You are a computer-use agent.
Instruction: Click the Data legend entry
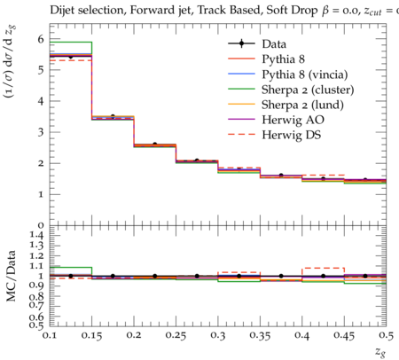[274, 44]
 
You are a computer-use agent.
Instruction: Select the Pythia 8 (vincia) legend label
[305, 74]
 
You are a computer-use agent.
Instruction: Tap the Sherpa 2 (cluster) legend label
[308, 90]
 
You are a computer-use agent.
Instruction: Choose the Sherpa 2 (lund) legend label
[302, 105]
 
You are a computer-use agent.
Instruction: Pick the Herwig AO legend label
[293, 120]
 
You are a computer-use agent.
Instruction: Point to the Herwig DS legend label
[292, 135]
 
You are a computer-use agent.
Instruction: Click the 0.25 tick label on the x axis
[176, 336]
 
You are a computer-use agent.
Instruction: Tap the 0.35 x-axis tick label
[260, 336]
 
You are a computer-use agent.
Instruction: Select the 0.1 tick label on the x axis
[50, 335]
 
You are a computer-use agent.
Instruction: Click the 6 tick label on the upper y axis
[41, 39]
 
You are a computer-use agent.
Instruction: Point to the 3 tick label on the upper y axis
[41, 132]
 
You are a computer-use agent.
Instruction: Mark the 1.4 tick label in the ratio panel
[36, 236]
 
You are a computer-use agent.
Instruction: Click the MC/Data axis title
[11, 276]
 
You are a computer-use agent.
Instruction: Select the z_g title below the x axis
[380, 352]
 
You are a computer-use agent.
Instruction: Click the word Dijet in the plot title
[60, 11]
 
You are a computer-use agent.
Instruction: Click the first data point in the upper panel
[71, 57]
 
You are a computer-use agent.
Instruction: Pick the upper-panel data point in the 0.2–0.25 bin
[155, 145]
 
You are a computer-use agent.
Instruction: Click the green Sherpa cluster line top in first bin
[71, 43]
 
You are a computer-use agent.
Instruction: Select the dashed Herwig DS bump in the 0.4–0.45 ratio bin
[324, 268]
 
